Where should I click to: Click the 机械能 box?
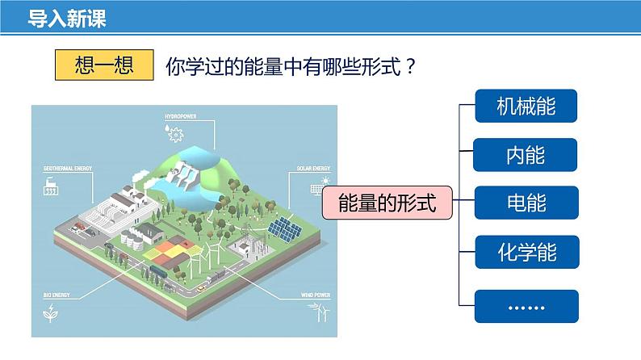(526, 106)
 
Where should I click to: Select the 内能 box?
(526, 155)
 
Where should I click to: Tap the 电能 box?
(526, 203)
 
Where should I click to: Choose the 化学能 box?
(526, 253)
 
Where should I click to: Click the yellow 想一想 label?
(103, 65)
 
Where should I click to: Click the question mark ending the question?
(410, 66)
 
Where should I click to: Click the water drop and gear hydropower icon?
(170, 129)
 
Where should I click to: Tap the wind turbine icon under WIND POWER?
(320, 312)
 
